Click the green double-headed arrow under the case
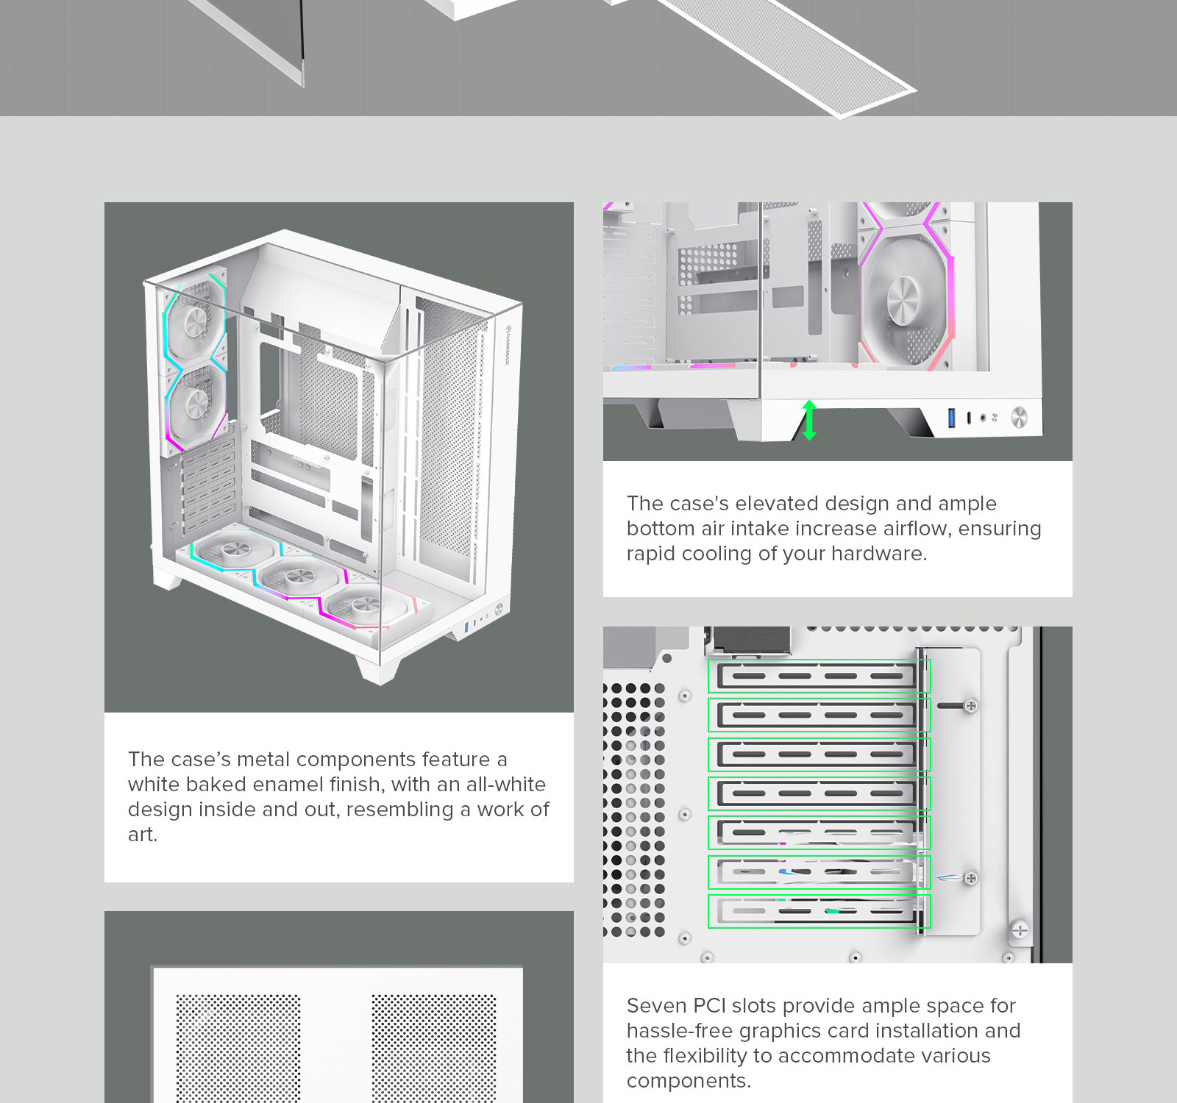(809, 420)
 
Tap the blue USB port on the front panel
(952, 418)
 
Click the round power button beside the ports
(1019, 417)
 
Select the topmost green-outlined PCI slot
(819, 676)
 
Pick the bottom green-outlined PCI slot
(819, 911)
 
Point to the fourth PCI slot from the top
(819, 793)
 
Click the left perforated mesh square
(238, 1048)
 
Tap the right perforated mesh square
(433, 1048)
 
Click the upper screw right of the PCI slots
(970, 706)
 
